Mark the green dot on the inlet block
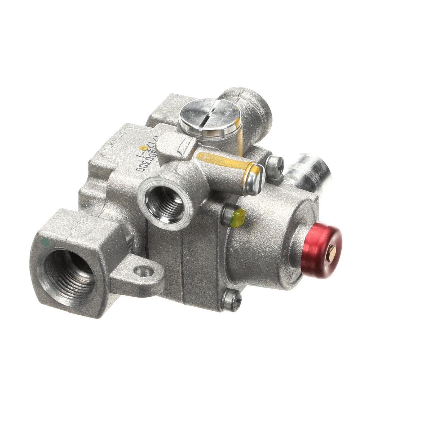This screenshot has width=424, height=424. (47, 242)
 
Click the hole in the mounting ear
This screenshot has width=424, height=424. (144, 271)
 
